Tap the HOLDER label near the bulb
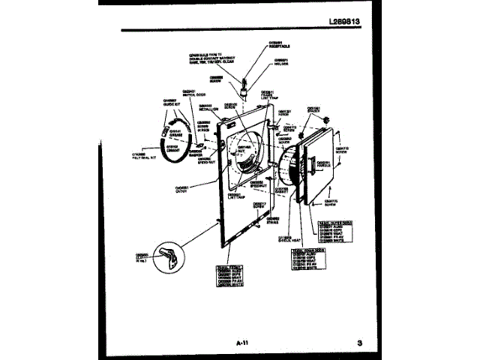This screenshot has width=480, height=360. point(281,61)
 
